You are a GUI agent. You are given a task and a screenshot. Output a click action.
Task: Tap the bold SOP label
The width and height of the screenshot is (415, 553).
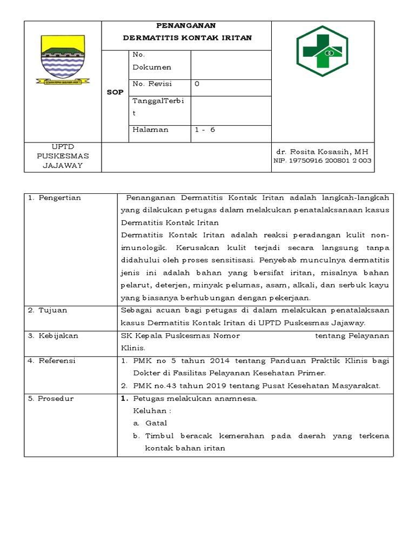coord(115,92)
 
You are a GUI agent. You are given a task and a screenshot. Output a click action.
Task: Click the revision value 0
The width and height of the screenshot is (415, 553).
coord(197,84)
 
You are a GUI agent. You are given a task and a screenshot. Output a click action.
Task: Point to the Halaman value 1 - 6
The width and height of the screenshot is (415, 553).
coord(205,130)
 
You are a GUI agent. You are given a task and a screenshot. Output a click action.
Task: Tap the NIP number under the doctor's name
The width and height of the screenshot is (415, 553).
coord(323,160)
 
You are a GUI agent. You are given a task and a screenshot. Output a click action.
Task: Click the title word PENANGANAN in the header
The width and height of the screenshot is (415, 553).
coord(186,25)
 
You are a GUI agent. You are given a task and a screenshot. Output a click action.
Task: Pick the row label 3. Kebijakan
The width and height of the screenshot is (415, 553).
coord(53,335)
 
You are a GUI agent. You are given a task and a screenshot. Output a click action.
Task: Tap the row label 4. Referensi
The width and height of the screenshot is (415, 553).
coord(52,360)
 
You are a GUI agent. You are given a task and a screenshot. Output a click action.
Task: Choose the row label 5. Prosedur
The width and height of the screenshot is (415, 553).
coord(51,399)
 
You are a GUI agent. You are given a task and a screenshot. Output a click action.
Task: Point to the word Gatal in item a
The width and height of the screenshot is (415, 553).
coord(156,423)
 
